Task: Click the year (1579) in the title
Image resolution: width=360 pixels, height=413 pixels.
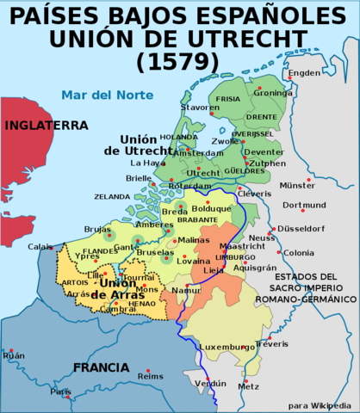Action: pos(180,62)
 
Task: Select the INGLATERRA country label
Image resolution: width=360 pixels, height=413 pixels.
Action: pos(47,125)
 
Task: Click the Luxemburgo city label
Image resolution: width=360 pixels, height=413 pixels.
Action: pos(227,348)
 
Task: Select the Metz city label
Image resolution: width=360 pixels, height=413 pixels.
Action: pos(248,386)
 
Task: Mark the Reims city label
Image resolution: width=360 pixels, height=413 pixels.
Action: pos(150,376)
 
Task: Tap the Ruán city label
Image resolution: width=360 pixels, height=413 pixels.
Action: pos(14,355)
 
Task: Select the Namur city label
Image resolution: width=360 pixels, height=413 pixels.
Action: pos(187,291)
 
